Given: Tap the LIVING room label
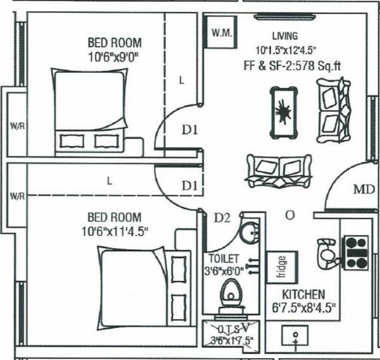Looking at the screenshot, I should tap(284, 36).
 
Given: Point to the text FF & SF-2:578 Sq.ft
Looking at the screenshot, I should tap(288, 65).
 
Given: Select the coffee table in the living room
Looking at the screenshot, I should tap(282, 113).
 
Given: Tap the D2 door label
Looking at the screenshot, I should tap(221, 218).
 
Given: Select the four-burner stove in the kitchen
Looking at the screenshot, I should tap(355, 251).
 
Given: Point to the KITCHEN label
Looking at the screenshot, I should tap(304, 295).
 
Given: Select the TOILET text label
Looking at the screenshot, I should tap(221, 259).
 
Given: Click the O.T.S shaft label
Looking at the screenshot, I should tap(227, 330).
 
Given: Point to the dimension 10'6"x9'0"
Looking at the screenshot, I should tap(114, 56).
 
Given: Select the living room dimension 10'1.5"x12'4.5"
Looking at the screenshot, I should tap(286, 49).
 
